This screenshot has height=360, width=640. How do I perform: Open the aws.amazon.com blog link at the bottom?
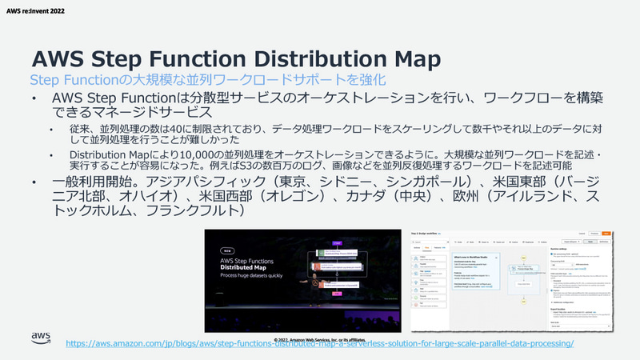[x=320, y=343]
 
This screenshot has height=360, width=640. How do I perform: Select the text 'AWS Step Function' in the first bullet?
[x=116, y=98]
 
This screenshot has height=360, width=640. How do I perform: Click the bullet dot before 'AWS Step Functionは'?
[x=34, y=98]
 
